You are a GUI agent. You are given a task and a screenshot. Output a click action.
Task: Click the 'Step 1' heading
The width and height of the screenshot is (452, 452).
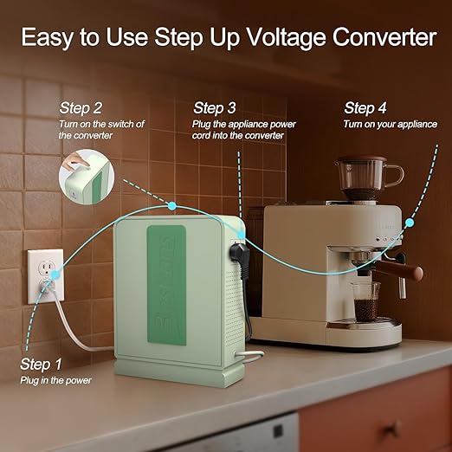point(41,364)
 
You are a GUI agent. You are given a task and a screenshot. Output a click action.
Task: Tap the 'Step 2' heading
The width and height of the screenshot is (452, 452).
point(81,108)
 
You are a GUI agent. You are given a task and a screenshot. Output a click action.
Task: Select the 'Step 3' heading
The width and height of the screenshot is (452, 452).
point(215,108)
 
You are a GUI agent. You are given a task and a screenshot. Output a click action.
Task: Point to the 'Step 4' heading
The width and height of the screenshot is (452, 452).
point(365,108)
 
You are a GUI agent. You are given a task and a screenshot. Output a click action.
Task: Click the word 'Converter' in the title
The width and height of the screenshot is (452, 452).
point(384,37)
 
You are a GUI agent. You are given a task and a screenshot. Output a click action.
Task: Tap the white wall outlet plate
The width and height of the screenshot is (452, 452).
point(46,276)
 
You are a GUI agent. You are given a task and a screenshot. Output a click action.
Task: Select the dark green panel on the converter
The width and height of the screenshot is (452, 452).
point(166,285)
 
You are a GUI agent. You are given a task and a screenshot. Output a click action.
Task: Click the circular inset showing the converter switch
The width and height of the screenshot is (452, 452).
point(87,177)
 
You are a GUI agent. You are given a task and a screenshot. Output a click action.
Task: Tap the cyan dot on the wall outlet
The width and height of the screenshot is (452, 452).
point(55,274)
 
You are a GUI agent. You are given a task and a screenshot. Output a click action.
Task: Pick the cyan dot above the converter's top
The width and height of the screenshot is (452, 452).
point(172,206)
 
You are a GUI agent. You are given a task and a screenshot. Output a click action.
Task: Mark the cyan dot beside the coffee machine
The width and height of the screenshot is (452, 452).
point(410,223)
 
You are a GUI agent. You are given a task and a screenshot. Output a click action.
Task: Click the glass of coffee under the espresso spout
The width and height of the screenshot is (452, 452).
point(365,301)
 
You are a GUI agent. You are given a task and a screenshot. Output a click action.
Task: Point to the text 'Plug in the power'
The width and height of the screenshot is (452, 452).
point(55,380)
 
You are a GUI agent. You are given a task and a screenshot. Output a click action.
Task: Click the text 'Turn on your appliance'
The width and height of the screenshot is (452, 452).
point(390,124)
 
